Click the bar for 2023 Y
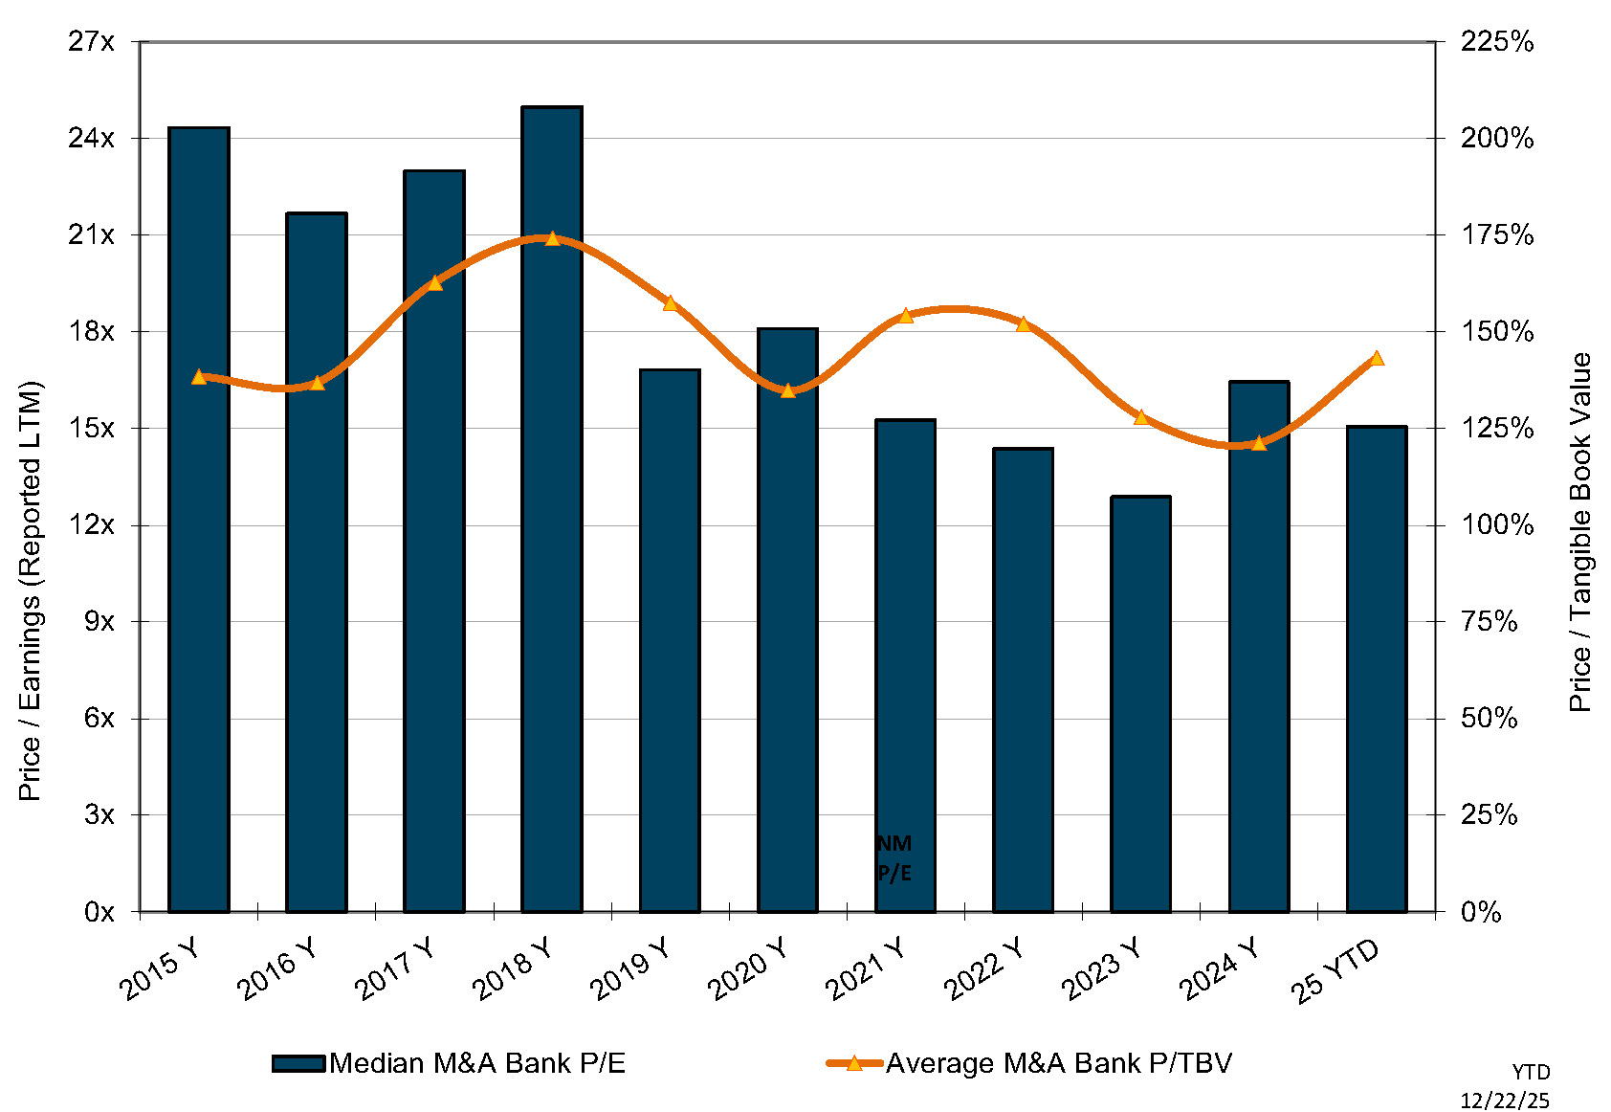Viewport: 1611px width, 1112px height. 1140,703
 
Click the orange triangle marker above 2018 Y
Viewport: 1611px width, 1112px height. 552,238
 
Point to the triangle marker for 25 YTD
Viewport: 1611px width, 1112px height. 1377,359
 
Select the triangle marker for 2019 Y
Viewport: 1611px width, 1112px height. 670,303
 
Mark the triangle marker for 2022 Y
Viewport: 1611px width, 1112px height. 1023,324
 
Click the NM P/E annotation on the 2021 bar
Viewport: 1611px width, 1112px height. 894,857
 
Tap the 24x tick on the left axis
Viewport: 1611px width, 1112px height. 91,139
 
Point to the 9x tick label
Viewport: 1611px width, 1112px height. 99,622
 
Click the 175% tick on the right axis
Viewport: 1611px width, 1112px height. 1496,235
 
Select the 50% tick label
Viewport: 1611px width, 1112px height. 1489,719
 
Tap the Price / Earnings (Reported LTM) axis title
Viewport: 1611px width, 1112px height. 31,590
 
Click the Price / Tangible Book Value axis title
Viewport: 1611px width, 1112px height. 1579,532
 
